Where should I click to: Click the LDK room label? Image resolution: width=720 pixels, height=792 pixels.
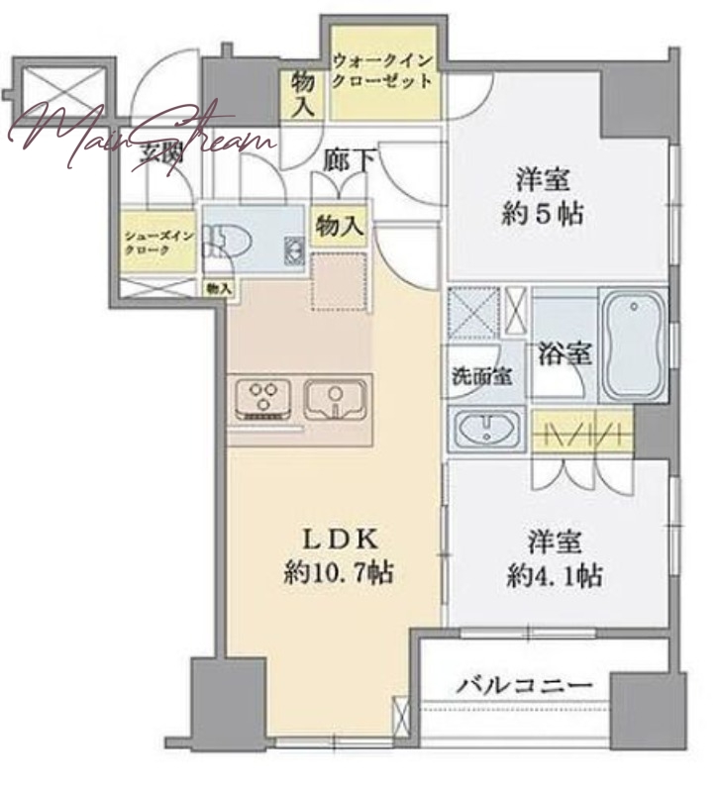(338, 540)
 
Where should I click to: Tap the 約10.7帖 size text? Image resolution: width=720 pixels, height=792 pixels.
(337, 574)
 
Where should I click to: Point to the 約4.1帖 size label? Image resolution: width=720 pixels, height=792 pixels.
(554, 574)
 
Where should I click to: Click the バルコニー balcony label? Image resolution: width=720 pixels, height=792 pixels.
(524, 685)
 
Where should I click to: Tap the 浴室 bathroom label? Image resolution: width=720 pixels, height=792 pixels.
(566, 352)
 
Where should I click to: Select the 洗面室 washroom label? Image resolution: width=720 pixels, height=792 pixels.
(481, 376)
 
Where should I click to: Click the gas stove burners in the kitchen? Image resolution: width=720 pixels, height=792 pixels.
(263, 400)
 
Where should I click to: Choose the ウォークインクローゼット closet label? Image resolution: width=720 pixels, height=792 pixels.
(381, 70)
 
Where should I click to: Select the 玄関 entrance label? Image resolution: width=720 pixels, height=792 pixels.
(164, 153)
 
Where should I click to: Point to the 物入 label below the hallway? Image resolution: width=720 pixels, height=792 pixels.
(338, 227)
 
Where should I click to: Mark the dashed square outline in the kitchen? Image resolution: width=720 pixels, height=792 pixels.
(341, 281)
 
